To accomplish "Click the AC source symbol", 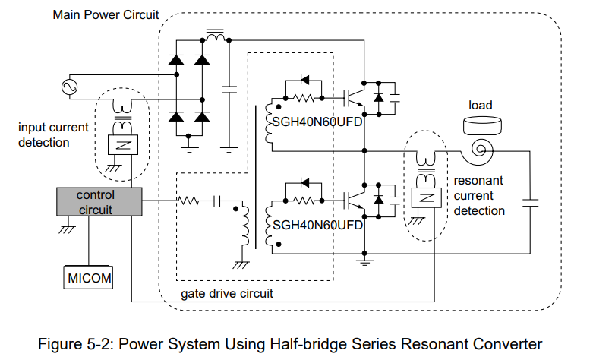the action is (70, 87).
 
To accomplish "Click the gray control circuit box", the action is (99, 202).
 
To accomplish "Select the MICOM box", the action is (88, 277).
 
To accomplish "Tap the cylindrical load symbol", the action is (482, 125).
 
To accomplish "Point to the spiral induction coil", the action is (478, 151).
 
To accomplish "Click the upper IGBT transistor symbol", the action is (354, 98).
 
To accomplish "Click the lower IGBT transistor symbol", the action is (354, 200).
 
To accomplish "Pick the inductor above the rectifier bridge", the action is (215, 36).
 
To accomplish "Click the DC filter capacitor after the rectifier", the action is (229, 90).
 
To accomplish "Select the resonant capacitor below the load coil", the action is (530, 203).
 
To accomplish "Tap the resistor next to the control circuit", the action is (188, 201).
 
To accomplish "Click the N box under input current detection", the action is (123, 144).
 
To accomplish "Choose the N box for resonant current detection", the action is (426, 197).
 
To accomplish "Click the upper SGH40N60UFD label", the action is (317, 122).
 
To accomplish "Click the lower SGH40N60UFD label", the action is (317, 225).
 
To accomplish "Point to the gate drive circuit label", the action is (227, 293).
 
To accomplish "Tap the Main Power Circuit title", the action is (106, 14).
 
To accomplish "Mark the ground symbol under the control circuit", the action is (68, 229).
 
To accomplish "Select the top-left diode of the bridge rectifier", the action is (176, 60).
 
